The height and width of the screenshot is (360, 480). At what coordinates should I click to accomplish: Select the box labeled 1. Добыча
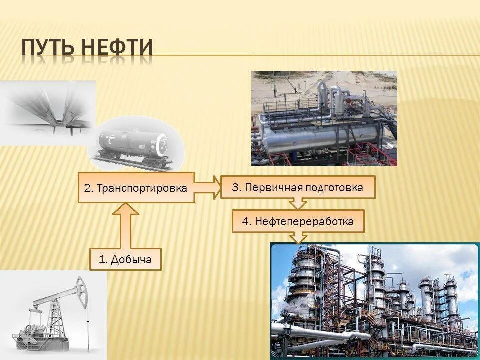(125, 259)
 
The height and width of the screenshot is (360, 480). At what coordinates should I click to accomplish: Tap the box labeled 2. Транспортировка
(136, 188)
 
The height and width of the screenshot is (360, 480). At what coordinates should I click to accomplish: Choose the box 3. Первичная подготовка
(297, 187)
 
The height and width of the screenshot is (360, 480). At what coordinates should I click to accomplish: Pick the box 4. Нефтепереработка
(298, 221)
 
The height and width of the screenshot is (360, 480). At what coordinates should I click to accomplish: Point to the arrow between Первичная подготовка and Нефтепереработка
(298, 203)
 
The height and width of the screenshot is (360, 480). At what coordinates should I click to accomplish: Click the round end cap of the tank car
(162, 145)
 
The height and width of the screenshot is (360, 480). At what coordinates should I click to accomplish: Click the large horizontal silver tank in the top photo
(320, 137)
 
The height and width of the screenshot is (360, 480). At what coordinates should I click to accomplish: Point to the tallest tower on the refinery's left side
(303, 280)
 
